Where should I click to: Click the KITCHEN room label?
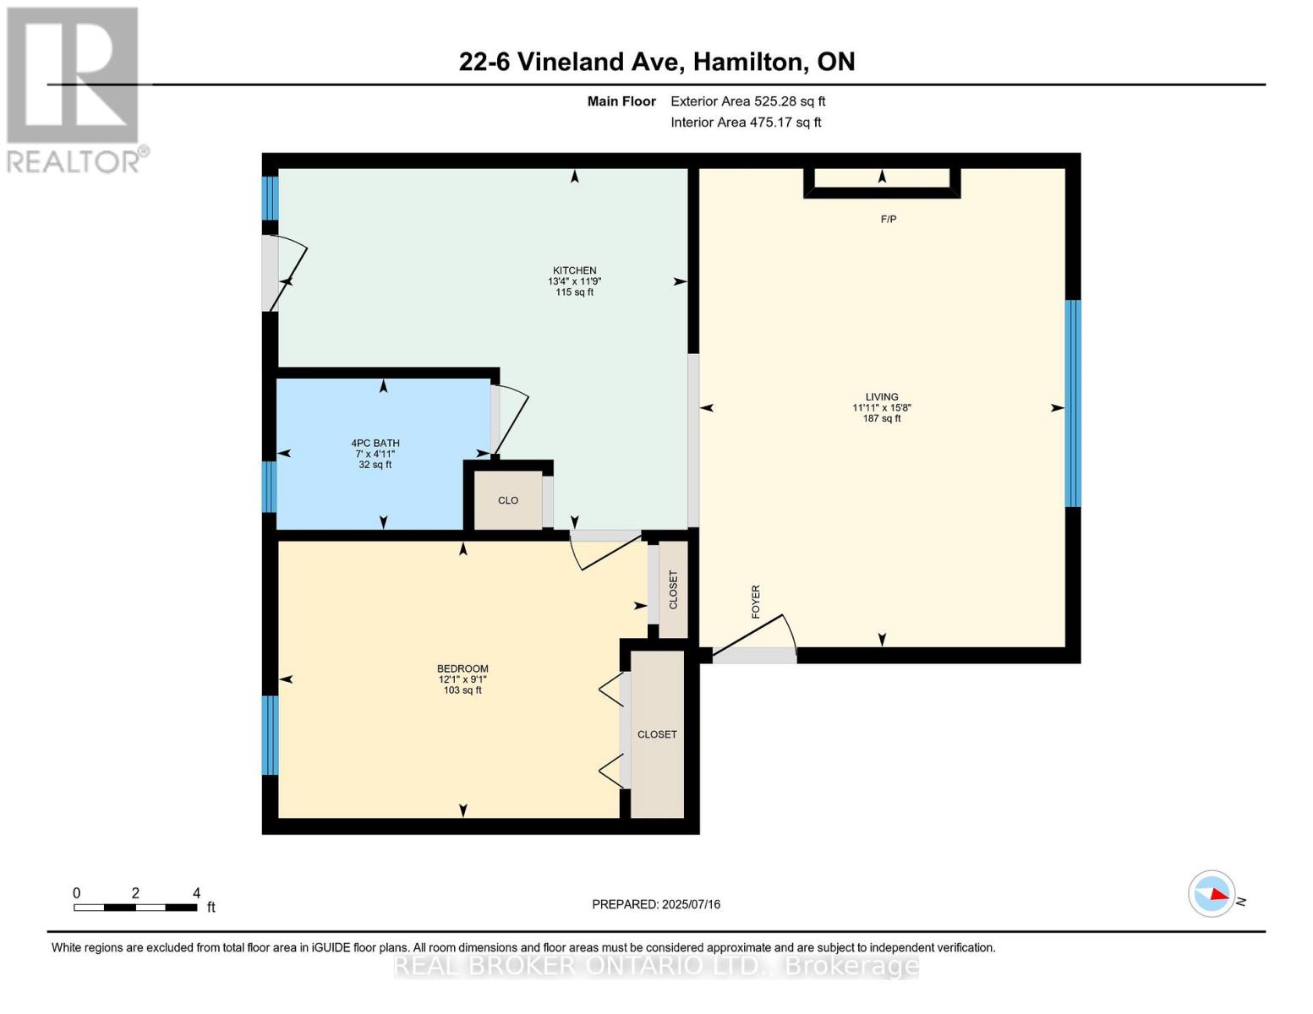[x=574, y=271]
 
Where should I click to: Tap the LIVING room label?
[x=881, y=397]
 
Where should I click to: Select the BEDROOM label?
[x=462, y=669]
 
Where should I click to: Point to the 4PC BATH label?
[x=375, y=444]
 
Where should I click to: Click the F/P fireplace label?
[x=889, y=220]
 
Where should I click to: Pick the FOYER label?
[x=756, y=602]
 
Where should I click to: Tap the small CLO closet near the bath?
[x=507, y=501]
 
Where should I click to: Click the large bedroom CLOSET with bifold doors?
[x=657, y=734]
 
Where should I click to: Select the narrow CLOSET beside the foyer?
[x=673, y=590]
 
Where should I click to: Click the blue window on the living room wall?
[x=1072, y=404]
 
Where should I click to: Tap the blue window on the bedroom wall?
[x=270, y=735]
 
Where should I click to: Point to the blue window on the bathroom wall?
[x=270, y=487]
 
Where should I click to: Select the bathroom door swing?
[x=508, y=420]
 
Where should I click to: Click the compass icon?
[x=1212, y=893]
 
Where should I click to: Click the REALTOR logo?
[x=74, y=89]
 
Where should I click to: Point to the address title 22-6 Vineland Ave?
[x=656, y=62]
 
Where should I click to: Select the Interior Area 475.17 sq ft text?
[x=746, y=123]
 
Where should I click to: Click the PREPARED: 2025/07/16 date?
[x=656, y=904]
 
